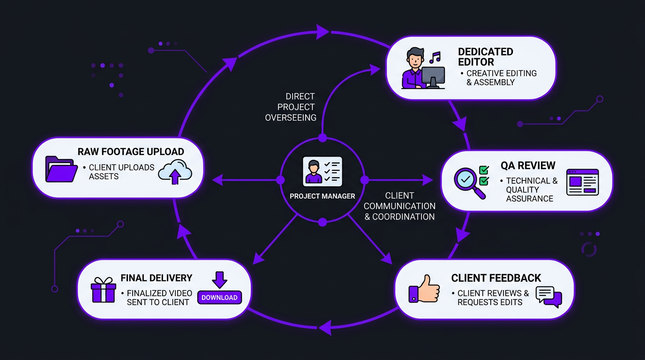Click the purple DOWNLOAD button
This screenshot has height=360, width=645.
tap(219, 297)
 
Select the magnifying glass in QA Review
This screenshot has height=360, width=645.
tap(469, 181)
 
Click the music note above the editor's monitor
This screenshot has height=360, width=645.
tap(435, 58)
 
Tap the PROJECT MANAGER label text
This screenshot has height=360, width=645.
tap(322, 196)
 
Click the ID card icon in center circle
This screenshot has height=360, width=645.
tap(322, 171)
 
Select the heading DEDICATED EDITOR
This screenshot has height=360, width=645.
tap(485, 57)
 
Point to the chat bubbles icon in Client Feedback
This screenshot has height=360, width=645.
tap(548, 297)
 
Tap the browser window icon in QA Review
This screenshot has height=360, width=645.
tap(582, 182)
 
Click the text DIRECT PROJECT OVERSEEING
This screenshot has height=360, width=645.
tap(290, 107)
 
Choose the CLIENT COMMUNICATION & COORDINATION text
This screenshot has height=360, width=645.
tap(399, 206)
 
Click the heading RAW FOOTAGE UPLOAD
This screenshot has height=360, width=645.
tap(131, 152)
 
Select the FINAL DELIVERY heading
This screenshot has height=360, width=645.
tap(157, 278)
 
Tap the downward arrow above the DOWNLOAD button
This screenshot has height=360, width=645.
tap(219, 279)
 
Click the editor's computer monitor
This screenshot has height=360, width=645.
tap(433, 76)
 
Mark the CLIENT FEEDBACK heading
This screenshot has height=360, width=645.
tap(496, 278)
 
